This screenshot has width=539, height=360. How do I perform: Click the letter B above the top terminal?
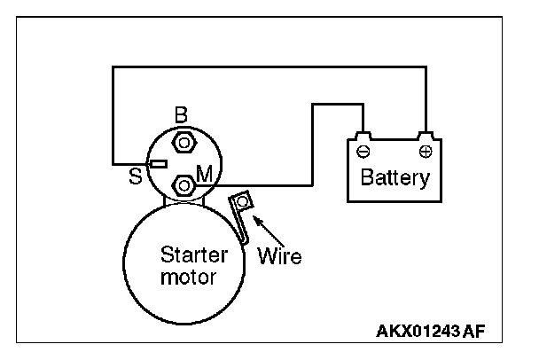[x=181, y=115]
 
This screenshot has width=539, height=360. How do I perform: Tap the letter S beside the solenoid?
[x=135, y=176]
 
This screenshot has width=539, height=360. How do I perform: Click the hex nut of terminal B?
[x=184, y=143]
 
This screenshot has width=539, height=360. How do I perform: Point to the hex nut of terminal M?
[x=184, y=185]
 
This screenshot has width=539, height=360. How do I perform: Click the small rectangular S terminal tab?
[x=159, y=164]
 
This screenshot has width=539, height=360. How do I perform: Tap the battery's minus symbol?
[x=363, y=152]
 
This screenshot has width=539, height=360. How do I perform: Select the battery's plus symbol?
[x=426, y=152]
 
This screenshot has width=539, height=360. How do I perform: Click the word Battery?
[x=395, y=177]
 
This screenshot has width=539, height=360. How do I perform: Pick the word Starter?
[x=194, y=254]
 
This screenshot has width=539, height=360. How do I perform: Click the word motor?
[x=188, y=278]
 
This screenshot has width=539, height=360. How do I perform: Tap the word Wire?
[x=279, y=256]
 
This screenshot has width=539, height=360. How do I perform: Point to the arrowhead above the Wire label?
[x=257, y=220]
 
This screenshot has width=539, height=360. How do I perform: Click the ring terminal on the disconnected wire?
[x=242, y=201]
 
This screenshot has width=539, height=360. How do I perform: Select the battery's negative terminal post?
[x=363, y=136]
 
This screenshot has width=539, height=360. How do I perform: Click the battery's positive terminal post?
[x=426, y=136]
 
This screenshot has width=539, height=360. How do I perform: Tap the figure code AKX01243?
[x=418, y=331]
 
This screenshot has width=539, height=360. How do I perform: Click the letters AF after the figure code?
[x=473, y=331]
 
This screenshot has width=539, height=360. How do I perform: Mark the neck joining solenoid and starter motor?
[x=184, y=200]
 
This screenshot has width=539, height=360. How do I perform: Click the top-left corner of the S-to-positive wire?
[x=113, y=67]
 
